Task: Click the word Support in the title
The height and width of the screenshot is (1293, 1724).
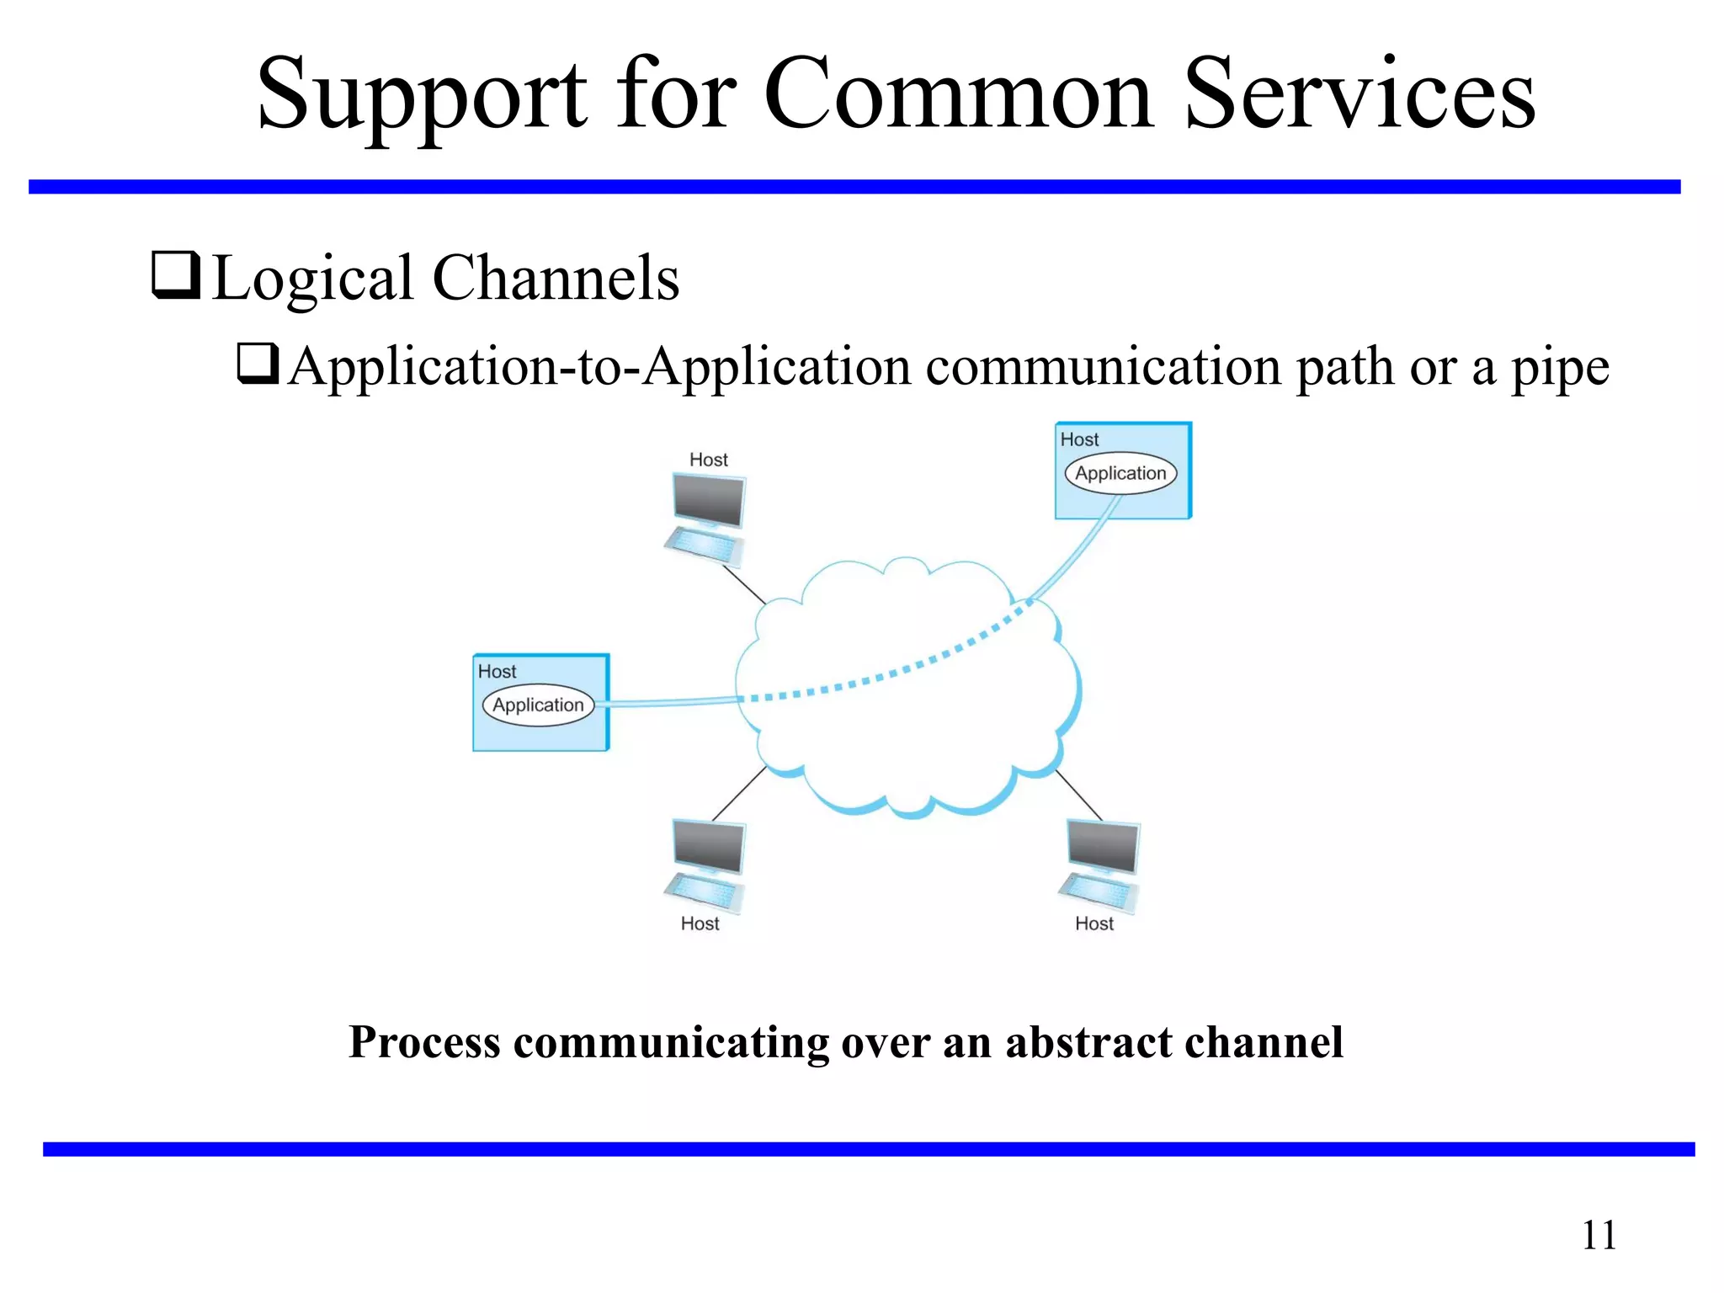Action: click(x=421, y=97)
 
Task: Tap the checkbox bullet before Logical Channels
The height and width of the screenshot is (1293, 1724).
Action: click(x=176, y=276)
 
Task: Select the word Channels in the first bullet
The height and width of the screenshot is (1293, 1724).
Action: click(x=556, y=278)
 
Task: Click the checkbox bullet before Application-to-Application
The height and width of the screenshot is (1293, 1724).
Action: click(x=258, y=364)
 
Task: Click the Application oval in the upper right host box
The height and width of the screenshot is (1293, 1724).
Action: click(x=1120, y=473)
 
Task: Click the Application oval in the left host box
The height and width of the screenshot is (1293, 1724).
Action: click(x=538, y=705)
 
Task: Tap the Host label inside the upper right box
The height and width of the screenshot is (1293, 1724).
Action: click(x=1079, y=439)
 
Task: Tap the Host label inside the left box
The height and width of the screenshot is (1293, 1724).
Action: click(x=497, y=672)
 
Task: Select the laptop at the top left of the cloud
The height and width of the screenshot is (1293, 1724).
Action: click(x=706, y=519)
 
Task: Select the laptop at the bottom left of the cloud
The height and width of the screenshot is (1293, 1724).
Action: click(x=706, y=867)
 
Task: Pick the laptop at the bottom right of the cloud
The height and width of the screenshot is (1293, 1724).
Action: click(x=1100, y=867)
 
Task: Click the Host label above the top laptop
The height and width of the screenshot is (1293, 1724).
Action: click(x=708, y=460)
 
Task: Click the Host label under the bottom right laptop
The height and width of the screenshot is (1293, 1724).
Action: click(x=1093, y=923)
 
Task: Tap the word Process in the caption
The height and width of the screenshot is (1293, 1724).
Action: click(x=424, y=1042)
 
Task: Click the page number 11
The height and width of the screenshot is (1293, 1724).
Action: click(x=1599, y=1236)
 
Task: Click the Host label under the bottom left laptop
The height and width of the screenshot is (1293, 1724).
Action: click(x=700, y=923)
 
